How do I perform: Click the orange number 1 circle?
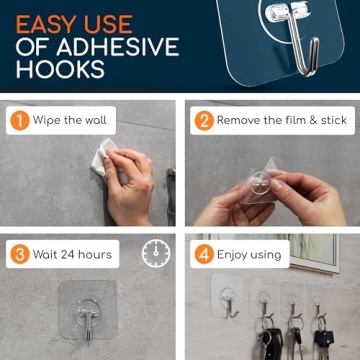(x=20, y=121)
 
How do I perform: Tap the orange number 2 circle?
(x=204, y=121)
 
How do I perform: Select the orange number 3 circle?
(x=20, y=254)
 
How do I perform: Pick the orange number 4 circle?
(x=204, y=254)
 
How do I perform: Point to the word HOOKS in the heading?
(x=60, y=70)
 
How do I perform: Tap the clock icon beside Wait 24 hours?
(x=155, y=253)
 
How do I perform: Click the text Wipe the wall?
(x=69, y=121)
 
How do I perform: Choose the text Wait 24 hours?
(x=72, y=254)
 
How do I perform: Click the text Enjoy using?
(x=250, y=254)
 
